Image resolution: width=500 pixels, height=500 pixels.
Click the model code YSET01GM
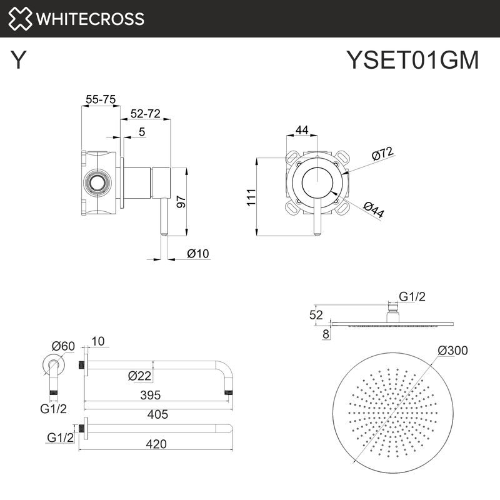click(412, 61)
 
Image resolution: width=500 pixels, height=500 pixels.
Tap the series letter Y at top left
click(19, 61)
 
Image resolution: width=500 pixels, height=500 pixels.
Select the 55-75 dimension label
click(101, 99)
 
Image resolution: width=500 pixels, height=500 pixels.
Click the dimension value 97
click(181, 201)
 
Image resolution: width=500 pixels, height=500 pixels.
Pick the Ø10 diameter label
click(197, 253)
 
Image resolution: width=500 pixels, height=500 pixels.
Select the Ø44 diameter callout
click(373, 209)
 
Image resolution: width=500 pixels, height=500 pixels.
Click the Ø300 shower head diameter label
click(452, 351)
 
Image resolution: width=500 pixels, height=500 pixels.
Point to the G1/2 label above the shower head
click(412, 297)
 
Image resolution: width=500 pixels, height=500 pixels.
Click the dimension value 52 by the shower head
click(317, 314)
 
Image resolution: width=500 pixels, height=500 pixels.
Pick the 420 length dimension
click(156, 444)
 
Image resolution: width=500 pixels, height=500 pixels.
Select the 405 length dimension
click(156, 414)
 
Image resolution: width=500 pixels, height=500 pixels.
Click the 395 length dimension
click(151, 395)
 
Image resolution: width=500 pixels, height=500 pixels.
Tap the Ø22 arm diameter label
click(139, 376)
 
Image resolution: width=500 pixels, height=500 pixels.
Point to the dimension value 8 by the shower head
click(325, 334)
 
